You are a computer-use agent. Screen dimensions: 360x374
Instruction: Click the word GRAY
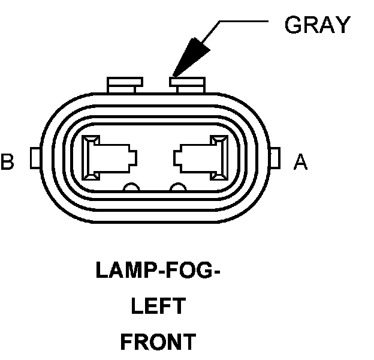coord(316,25)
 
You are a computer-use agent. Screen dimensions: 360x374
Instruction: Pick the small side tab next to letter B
coord(35,159)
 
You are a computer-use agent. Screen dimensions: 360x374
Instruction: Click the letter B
coord(8,161)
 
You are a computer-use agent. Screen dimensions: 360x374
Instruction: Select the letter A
coord(300,161)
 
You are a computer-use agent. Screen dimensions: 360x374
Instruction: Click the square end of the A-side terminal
coord(216,158)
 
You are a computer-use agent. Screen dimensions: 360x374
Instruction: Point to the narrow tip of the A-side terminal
coord(179,158)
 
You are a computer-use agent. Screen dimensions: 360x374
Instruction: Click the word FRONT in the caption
coord(158,342)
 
